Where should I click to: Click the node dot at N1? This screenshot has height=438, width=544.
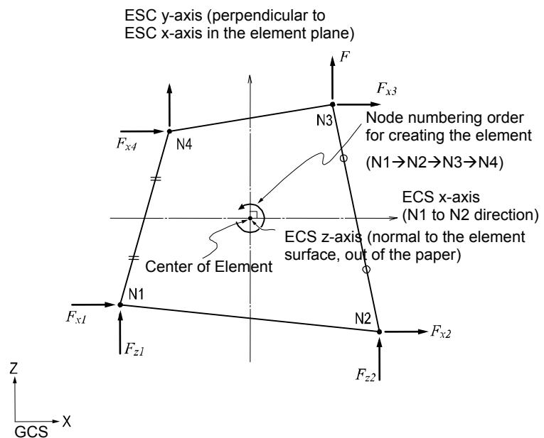click(x=120, y=305)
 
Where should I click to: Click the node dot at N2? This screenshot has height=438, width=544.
click(x=379, y=332)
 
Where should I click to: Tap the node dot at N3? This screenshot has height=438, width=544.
click(x=332, y=104)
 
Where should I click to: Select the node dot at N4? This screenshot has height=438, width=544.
click(x=169, y=131)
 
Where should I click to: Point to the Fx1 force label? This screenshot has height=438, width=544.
click(x=76, y=317)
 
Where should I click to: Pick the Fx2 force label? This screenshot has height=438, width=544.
click(x=441, y=332)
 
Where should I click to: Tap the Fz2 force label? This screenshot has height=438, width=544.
click(x=366, y=375)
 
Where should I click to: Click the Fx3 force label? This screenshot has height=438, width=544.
click(x=387, y=89)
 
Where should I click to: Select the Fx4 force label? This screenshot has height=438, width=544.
click(x=127, y=143)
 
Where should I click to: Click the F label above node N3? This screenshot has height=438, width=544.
click(x=344, y=57)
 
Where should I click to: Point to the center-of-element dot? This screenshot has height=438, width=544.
click(x=250, y=219)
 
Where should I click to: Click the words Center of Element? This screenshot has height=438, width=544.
click(x=208, y=267)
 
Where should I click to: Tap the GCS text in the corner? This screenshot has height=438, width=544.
click(x=31, y=432)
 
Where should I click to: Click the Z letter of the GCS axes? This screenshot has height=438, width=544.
click(x=14, y=368)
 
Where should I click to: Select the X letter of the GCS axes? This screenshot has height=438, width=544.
click(x=67, y=421)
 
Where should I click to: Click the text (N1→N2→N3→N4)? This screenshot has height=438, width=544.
click(x=434, y=162)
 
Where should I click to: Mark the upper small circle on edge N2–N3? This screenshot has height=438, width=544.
click(x=343, y=158)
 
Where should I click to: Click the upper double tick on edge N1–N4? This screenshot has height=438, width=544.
click(x=156, y=179)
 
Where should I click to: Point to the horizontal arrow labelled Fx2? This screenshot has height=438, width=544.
click(x=406, y=332)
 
